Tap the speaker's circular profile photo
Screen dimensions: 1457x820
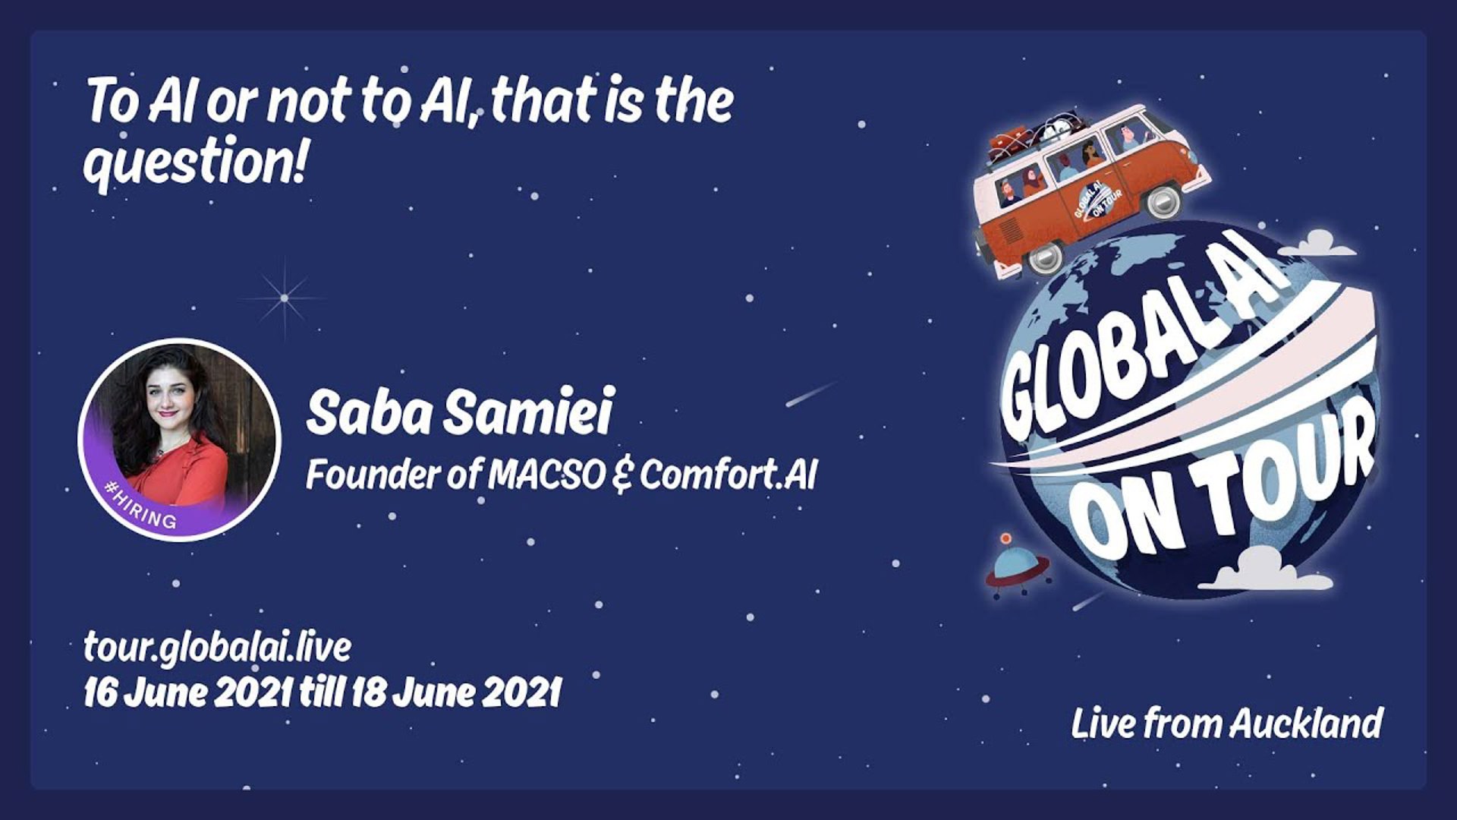(x=180, y=440)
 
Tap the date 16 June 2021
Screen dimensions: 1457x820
(x=188, y=692)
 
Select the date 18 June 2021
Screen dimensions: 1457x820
(x=455, y=692)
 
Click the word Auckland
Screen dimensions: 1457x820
(x=1306, y=723)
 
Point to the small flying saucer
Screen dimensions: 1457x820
(x=1018, y=565)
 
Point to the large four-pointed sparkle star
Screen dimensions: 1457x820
(x=285, y=298)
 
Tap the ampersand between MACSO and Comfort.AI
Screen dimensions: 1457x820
(x=622, y=476)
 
